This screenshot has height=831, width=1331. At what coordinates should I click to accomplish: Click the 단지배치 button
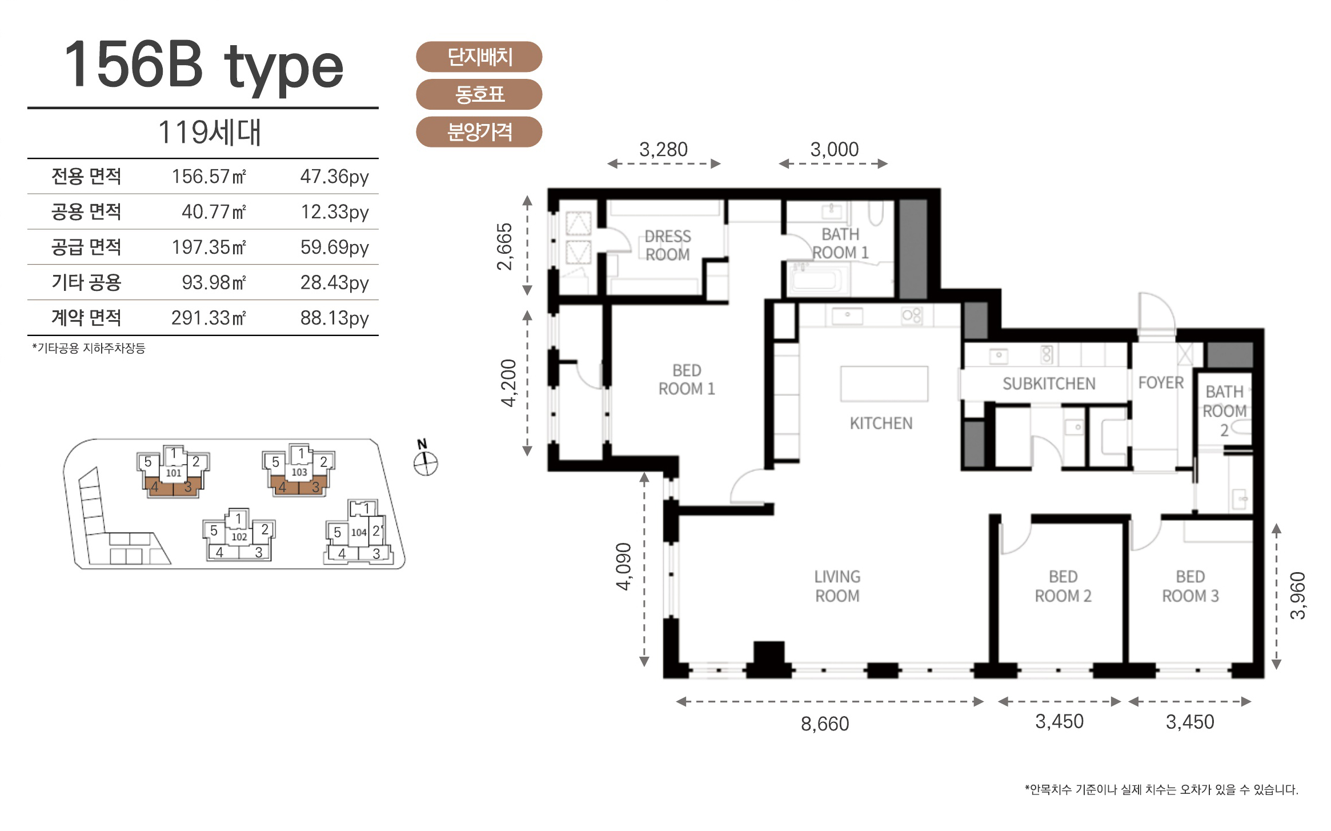(479, 57)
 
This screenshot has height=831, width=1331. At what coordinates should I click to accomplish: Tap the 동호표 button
(479, 94)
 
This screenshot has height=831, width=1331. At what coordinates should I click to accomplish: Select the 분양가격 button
(479, 132)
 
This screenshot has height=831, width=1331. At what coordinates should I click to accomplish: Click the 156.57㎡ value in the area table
(209, 176)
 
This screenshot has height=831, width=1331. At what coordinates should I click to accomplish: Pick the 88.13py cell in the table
(335, 318)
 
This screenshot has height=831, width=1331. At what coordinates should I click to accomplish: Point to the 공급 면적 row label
(86, 247)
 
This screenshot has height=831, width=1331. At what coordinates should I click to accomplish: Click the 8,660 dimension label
(825, 724)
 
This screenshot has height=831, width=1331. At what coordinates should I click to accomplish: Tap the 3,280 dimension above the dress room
(663, 149)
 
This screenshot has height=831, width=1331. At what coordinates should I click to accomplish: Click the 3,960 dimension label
(1298, 595)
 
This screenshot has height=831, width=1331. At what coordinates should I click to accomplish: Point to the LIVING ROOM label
(837, 586)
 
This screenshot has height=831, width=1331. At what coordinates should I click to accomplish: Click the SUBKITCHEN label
(1049, 383)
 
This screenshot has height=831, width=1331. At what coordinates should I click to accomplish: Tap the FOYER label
(1161, 382)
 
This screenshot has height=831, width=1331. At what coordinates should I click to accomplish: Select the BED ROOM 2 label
(1063, 586)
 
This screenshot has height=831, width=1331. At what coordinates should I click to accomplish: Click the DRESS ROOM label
(668, 245)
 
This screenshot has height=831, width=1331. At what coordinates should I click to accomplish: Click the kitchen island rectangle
(884, 384)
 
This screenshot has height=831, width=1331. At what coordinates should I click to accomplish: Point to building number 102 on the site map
(239, 537)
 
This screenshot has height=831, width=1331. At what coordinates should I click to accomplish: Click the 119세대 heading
(210, 133)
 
